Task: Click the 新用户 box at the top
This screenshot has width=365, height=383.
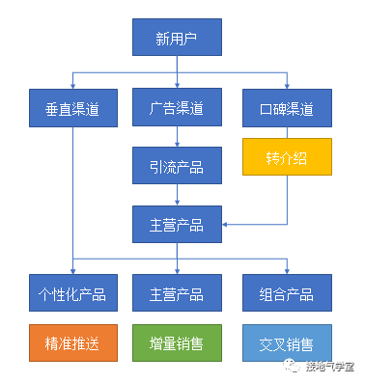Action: [x=177, y=39]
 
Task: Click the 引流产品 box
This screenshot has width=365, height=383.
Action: [x=177, y=165]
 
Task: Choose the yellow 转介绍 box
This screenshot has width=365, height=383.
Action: [x=287, y=156]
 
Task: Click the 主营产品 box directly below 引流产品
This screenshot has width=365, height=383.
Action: [x=177, y=224]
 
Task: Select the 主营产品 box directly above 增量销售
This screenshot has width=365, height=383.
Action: [x=177, y=292]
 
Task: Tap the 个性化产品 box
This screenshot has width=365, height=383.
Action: [x=73, y=292]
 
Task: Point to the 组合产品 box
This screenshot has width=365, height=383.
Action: [x=287, y=292]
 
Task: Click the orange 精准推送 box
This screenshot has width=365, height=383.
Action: [x=73, y=342]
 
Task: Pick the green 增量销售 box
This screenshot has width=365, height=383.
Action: [x=177, y=342]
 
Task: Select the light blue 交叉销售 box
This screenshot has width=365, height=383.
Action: [x=287, y=342]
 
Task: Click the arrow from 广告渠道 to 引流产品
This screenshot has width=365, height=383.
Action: [x=177, y=136]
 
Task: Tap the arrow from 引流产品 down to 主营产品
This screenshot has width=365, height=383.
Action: [x=177, y=195]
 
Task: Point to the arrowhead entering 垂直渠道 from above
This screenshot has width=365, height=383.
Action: [x=73, y=85]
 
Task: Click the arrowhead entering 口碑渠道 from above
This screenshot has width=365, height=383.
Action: [x=287, y=85]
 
